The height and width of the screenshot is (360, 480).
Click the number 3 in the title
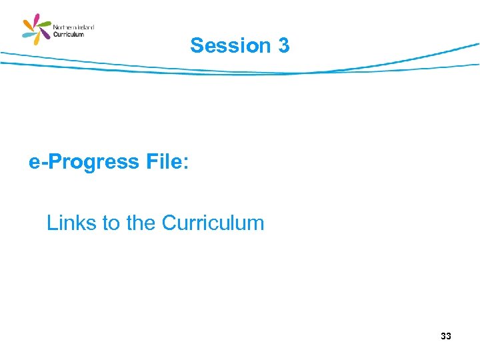point(283,45)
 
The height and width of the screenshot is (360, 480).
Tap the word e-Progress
point(83,162)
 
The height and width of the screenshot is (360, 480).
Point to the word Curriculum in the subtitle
point(213,223)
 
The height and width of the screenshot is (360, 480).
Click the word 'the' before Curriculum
point(140,223)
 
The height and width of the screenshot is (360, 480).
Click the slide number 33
point(445,336)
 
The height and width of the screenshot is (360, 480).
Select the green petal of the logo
point(45,25)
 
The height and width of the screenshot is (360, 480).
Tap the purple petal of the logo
point(45,35)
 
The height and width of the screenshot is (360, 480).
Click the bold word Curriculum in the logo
point(69,35)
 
